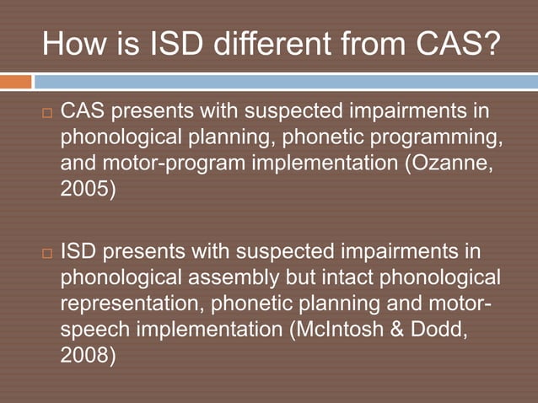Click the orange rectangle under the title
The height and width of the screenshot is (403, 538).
pyautogui.click(x=15, y=82)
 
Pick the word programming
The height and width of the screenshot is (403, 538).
pyautogui.click(x=438, y=137)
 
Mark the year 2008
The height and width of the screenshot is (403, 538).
pyautogui.click(x=86, y=355)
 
